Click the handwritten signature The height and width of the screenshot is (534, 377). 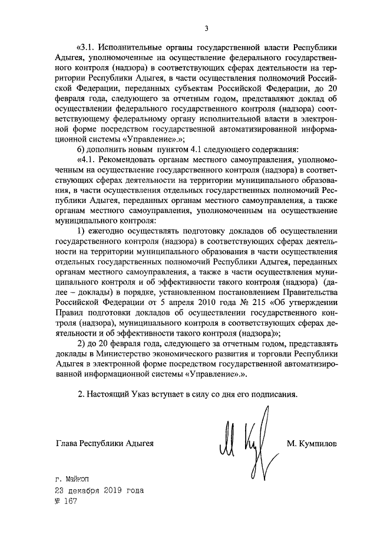click(244, 443)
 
